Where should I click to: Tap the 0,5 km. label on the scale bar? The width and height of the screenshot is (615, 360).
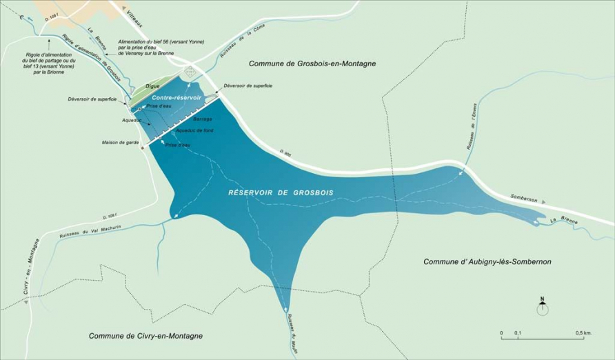point(583,332)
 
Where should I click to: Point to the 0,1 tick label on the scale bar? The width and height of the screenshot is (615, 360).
point(518,332)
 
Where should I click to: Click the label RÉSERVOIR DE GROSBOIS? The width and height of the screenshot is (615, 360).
point(280,193)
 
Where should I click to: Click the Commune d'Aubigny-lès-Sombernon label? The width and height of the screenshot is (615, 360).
point(487,261)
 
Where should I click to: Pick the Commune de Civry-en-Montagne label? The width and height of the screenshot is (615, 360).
point(145,335)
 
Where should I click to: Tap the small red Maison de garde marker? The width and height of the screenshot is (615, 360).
point(143,148)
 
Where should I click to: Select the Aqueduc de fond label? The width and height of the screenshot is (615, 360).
point(194,130)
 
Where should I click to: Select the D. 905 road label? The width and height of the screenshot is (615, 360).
point(285,150)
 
